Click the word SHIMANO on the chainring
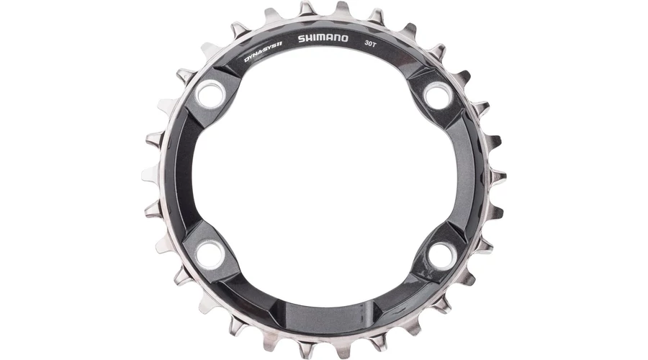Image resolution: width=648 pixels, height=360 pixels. point(323,38)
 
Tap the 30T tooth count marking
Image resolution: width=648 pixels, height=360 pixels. point(370,43)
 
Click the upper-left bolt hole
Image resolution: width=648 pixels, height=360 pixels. point(210,94)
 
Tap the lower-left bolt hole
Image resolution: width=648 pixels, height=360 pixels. point(210,254)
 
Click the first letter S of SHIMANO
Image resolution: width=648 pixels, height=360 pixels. point(302,39)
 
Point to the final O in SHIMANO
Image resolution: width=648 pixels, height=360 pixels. point(344,38)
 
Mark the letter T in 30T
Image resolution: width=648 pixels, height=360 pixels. point(374,44)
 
